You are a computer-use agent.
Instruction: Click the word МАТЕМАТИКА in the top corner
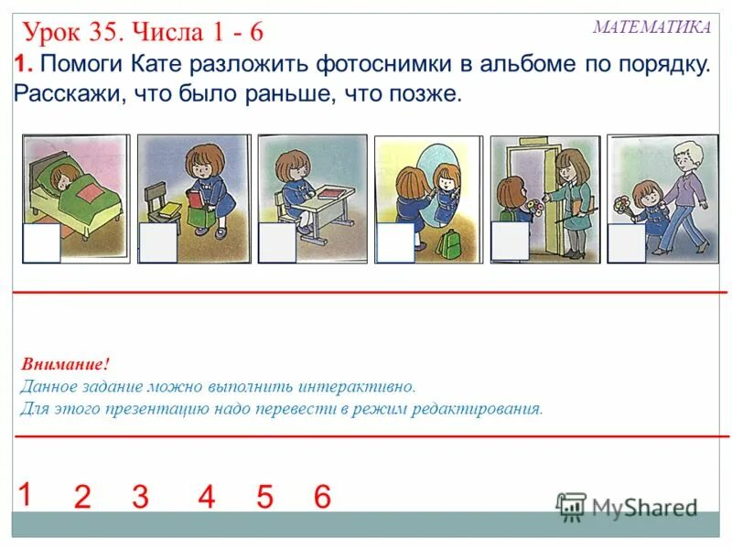[651, 27]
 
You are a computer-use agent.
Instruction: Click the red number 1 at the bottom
[25, 494]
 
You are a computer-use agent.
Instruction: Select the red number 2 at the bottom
[82, 498]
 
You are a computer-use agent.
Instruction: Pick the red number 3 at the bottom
[140, 498]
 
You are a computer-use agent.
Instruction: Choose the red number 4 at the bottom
[206, 498]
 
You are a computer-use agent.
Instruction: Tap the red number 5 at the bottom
[264, 498]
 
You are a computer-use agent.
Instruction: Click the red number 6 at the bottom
[321, 498]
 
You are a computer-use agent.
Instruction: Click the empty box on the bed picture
[41, 242]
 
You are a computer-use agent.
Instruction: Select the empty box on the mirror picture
[395, 242]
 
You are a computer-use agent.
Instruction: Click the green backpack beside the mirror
[448, 243]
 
